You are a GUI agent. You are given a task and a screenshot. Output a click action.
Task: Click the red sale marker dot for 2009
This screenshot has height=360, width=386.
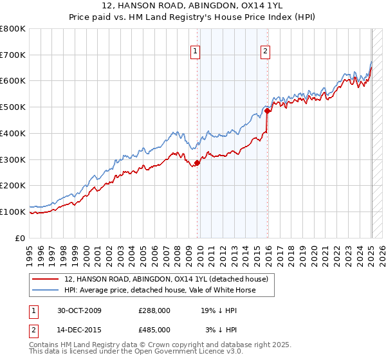click(198, 163)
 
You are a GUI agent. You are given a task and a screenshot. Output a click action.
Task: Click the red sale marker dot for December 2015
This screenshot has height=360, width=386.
click(267, 111)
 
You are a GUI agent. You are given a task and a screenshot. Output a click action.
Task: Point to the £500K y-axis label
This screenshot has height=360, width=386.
click(14, 107)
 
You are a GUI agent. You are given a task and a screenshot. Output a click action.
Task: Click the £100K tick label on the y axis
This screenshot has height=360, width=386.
click(14, 212)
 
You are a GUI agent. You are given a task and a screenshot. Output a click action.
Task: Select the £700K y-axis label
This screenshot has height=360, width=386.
click(14, 55)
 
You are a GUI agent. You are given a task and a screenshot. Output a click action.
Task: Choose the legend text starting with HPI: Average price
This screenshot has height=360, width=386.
click(160, 290)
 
